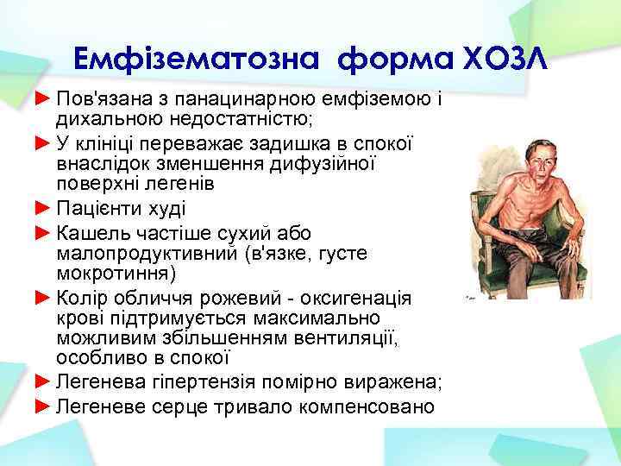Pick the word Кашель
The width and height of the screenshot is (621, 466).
coord(89,231)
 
